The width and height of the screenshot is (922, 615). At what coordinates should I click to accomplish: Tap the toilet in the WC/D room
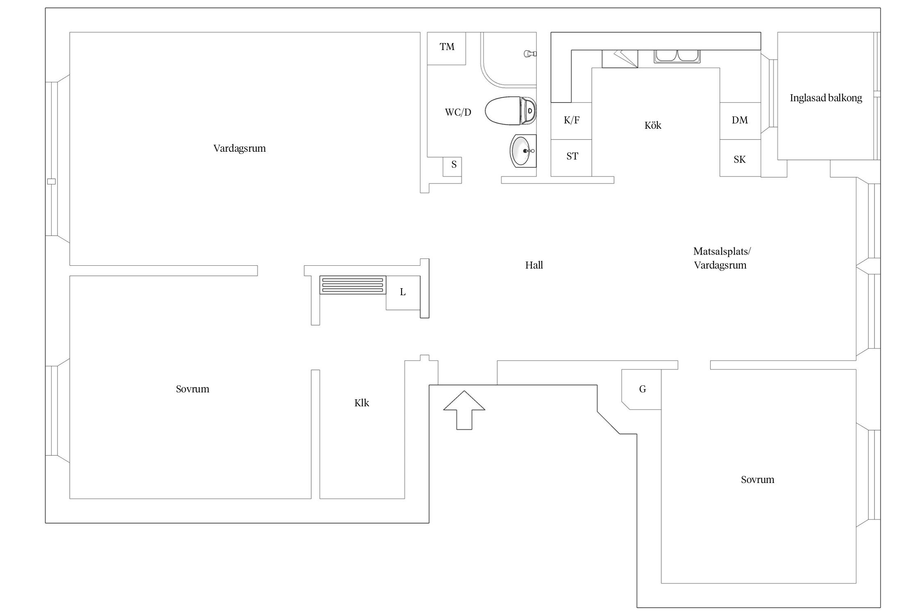(x=511, y=111)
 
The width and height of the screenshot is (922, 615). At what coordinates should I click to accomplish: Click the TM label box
(x=447, y=47)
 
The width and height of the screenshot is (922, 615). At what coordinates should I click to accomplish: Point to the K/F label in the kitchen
(x=572, y=120)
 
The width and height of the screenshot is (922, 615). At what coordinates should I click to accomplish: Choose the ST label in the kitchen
(x=572, y=156)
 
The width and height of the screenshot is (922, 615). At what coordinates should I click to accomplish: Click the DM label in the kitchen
(x=740, y=120)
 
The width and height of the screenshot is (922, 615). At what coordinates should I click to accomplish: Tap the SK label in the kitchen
(x=740, y=159)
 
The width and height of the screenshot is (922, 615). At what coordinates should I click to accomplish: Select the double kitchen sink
(x=677, y=56)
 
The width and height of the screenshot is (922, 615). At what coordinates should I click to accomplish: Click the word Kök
(x=653, y=125)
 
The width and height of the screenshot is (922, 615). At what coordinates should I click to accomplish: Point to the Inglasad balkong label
(x=826, y=98)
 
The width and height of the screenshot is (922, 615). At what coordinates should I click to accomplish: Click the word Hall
(x=534, y=265)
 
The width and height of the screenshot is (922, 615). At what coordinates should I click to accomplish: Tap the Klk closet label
(x=361, y=403)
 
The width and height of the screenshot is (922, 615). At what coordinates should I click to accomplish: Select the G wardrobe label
(x=643, y=389)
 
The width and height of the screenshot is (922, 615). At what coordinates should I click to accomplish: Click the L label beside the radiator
(x=403, y=292)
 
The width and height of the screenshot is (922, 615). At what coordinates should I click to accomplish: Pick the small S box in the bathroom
(x=454, y=165)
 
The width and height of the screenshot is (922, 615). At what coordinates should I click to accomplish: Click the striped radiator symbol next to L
(x=352, y=285)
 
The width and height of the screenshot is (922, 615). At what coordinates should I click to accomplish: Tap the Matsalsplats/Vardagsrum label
(x=721, y=258)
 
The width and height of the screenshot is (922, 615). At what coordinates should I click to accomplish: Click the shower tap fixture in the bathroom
(x=530, y=53)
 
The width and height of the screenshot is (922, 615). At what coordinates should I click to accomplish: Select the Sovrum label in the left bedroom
(x=193, y=389)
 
